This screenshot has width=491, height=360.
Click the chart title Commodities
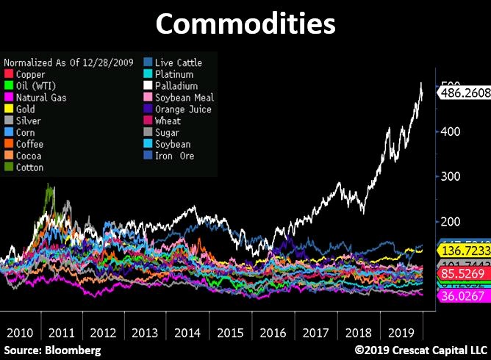(246, 24)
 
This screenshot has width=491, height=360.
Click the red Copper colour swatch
(9, 75)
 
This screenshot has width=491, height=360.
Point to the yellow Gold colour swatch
(9, 109)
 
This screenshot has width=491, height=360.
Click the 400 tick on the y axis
(449, 132)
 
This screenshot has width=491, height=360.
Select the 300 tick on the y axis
(449, 177)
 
